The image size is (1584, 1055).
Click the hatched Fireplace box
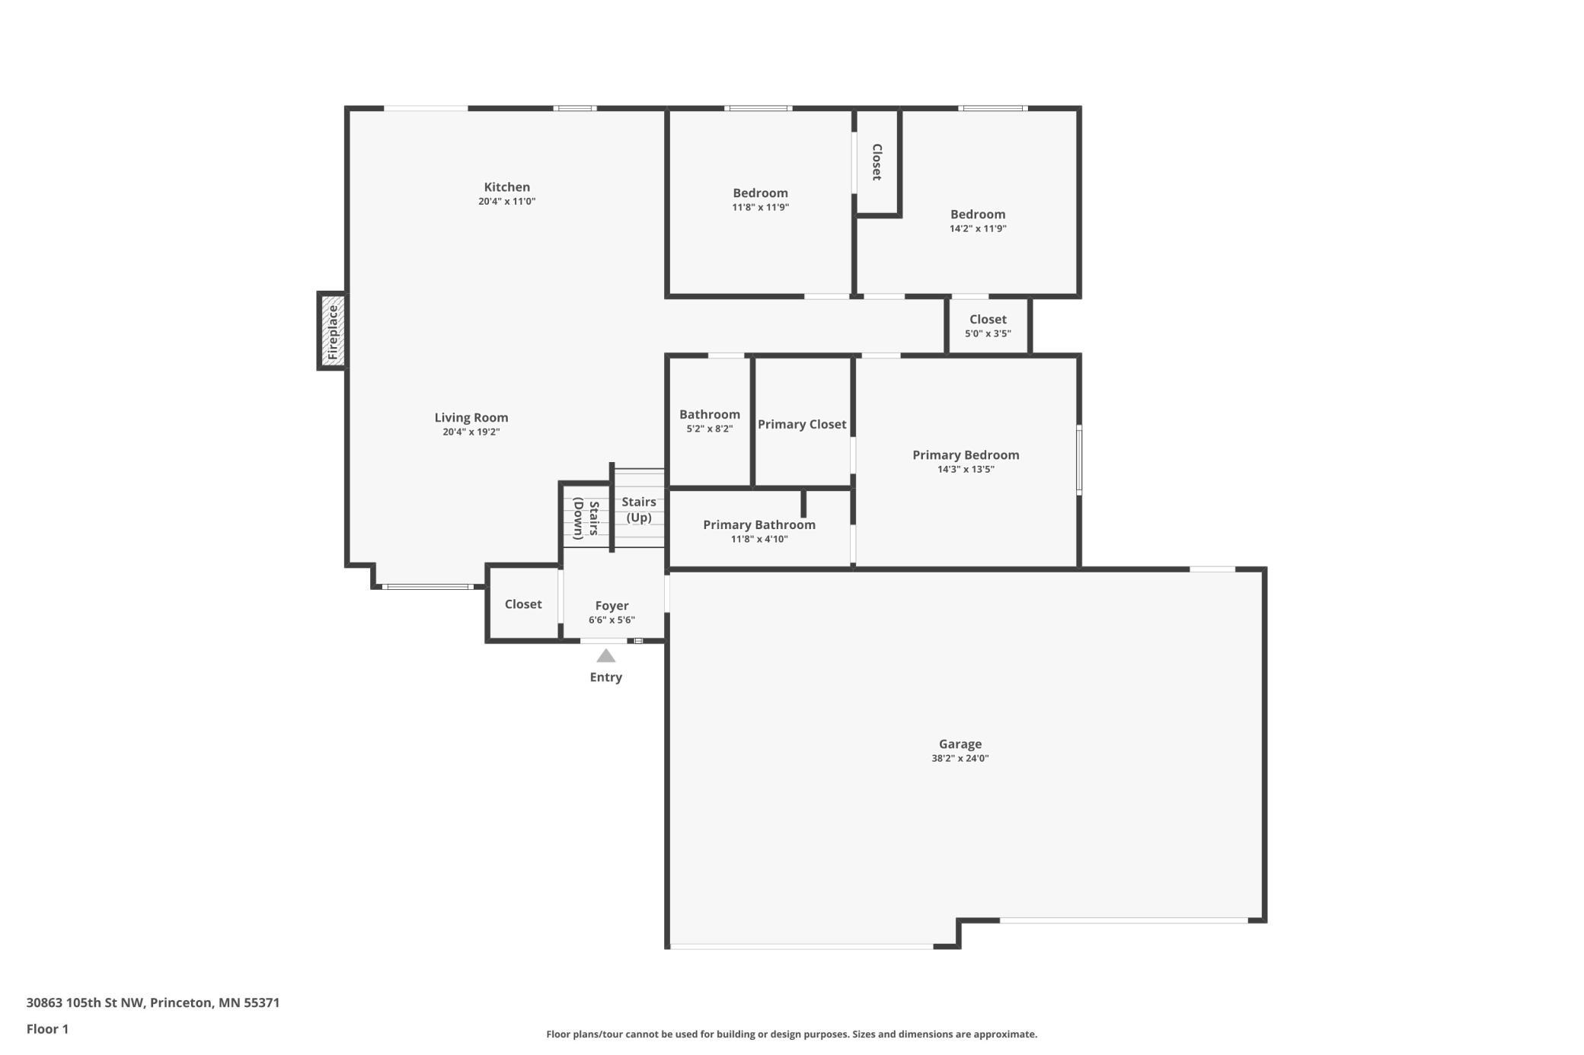332,331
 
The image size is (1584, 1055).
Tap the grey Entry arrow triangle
605,655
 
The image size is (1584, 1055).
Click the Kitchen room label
507,187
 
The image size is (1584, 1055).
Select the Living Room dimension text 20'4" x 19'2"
471,432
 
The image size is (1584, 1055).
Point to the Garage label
960,744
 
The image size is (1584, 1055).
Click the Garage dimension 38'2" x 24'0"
960,758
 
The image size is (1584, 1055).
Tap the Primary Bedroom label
966,455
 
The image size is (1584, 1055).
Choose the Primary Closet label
802,425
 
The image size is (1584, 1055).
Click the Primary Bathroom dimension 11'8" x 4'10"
759,539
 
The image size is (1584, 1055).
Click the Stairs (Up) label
639,510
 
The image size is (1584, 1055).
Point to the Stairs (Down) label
586,518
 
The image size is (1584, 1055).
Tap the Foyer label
612,606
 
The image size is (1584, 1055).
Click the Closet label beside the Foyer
523,604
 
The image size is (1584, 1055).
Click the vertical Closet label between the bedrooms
877,162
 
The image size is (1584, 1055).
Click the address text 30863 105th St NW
85,1002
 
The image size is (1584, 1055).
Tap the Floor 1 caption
47,1029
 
